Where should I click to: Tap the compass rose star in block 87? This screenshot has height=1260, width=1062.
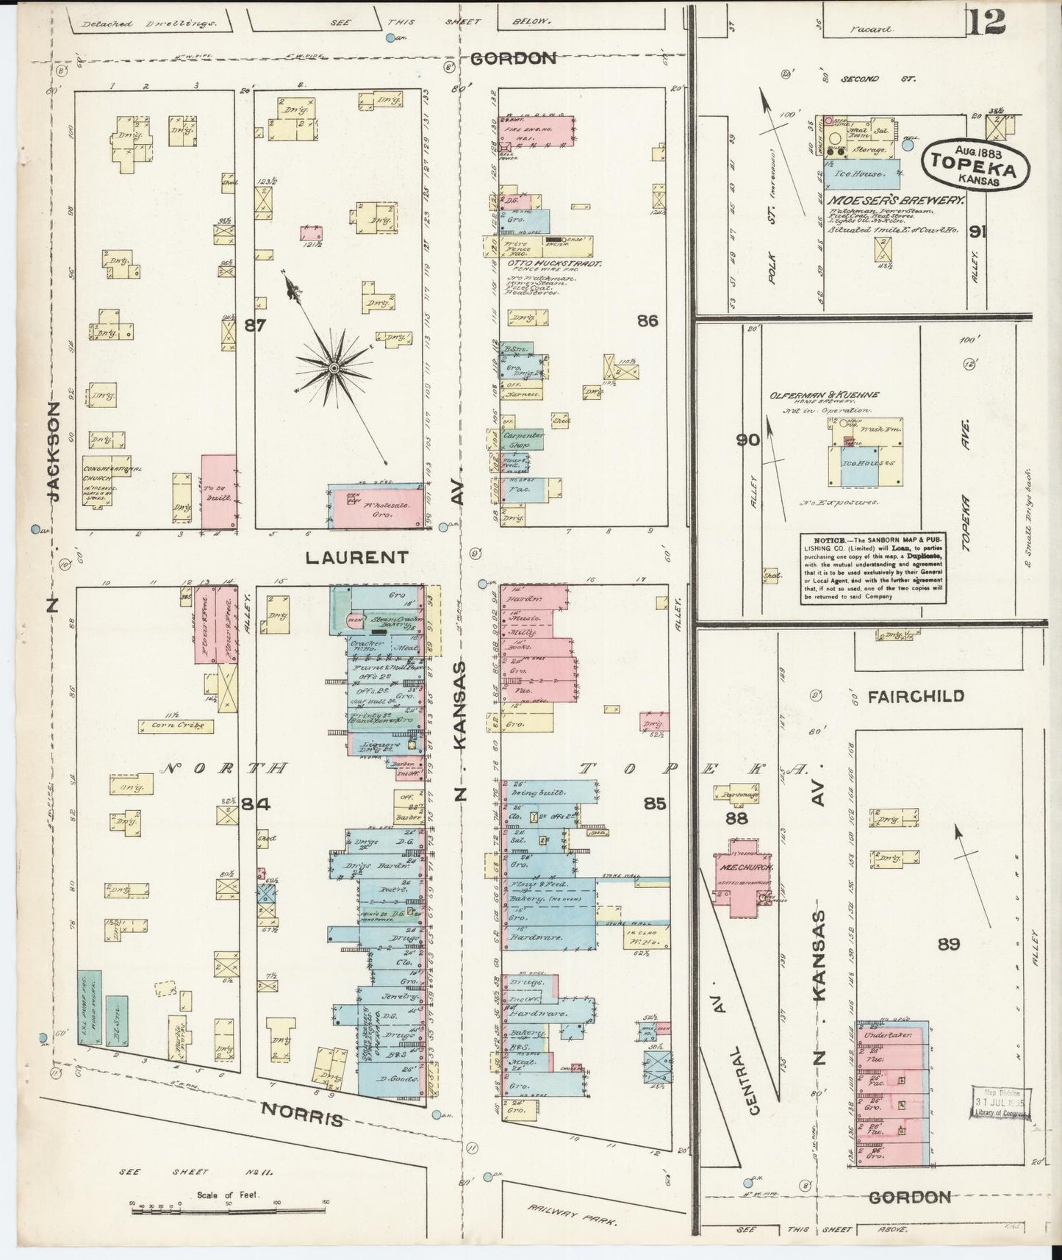pos(334,366)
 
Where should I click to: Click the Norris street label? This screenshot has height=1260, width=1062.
pos(304,1117)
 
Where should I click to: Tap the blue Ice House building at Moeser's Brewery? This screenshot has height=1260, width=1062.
pos(857,175)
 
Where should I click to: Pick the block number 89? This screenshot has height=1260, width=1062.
pos(948,944)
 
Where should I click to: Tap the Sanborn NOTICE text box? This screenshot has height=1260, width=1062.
pos(873,569)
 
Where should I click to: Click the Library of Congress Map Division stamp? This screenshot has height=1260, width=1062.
pos(1000,1103)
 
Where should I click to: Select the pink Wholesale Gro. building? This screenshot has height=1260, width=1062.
pos(375,507)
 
